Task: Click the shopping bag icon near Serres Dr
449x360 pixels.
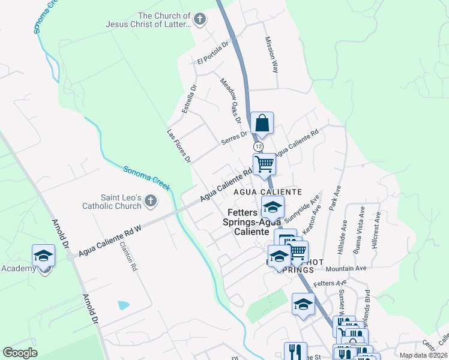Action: pyautogui.click(x=262, y=124)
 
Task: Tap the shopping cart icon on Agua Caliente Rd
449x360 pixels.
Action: pyautogui.click(x=264, y=163)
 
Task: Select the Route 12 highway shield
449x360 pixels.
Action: pyautogui.click(x=258, y=146)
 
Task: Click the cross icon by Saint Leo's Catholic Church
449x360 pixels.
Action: pyautogui.click(x=150, y=201)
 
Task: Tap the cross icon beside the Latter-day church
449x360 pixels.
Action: pyautogui.click(x=200, y=19)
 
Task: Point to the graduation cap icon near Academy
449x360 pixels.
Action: pyautogui.click(x=43, y=256)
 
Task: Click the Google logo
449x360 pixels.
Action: pyautogui.click(x=20, y=353)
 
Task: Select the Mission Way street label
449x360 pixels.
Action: pyautogui.click(x=272, y=55)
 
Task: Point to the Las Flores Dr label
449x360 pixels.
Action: pyautogui.click(x=178, y=146)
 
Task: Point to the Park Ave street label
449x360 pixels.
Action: pyautogui.click(x=337, y=197)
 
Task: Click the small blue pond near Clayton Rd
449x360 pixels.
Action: pyautogui.click(x=123, y=305)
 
